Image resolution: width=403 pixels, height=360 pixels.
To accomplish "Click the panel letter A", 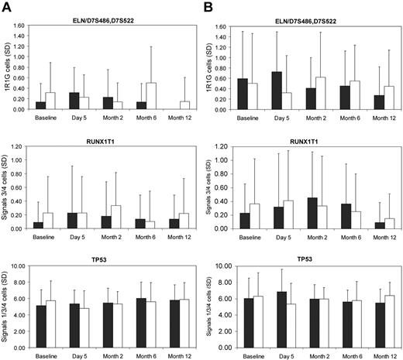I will tap(7, 6).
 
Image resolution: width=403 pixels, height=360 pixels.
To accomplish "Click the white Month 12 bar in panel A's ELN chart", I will tap(184, 106).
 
